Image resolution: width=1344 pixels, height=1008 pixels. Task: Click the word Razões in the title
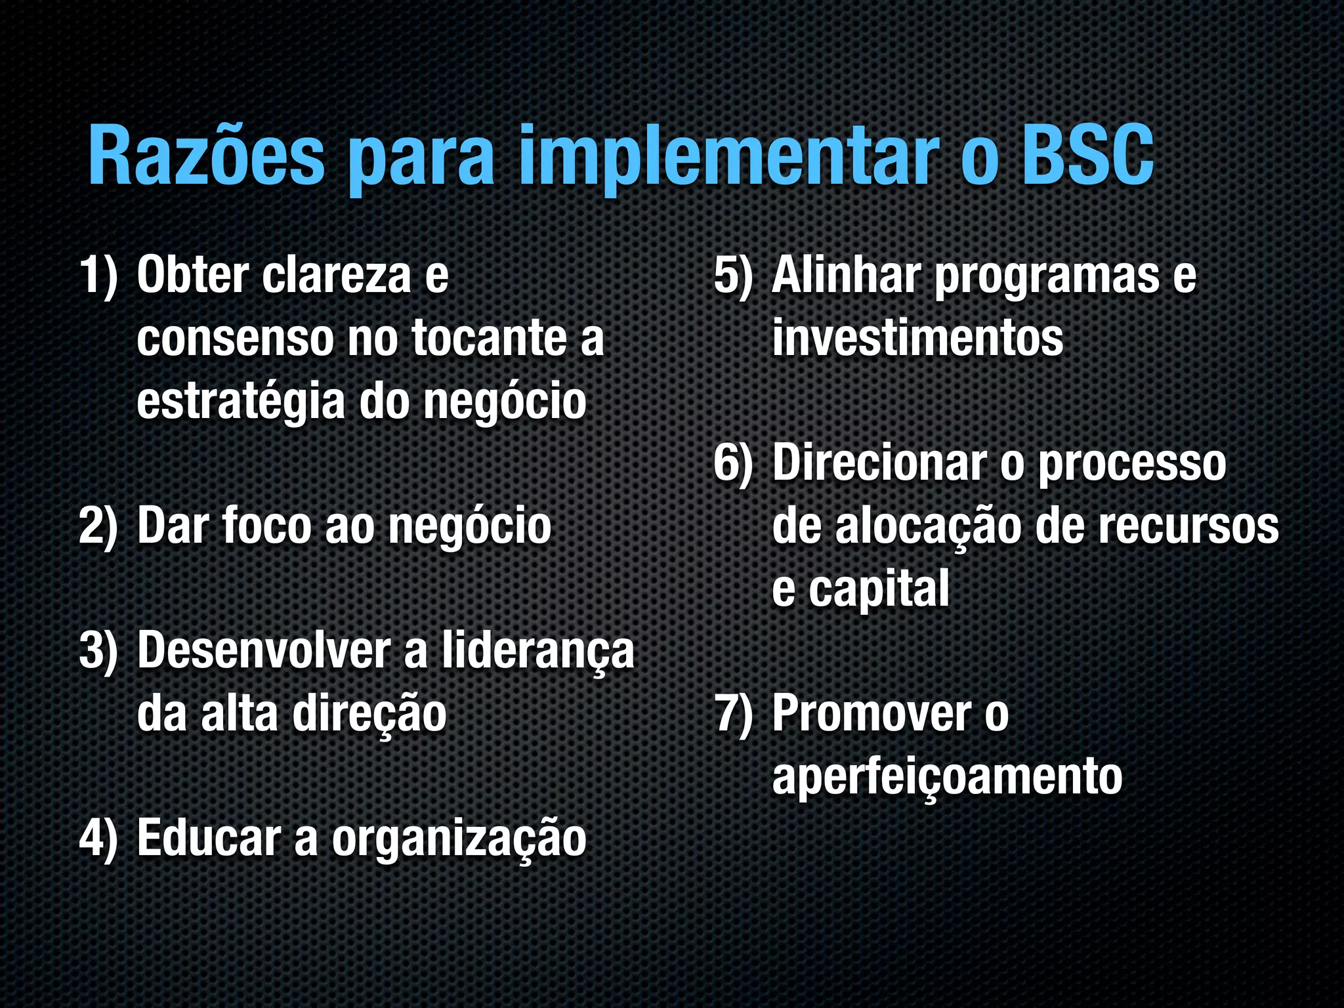[206, 156]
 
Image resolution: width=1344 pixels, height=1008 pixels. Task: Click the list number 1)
[98, 276]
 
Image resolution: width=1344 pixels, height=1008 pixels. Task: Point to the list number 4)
[98, 838]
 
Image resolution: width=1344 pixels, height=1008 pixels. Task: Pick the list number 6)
[734, 463]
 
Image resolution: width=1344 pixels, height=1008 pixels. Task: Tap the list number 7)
[734, 713]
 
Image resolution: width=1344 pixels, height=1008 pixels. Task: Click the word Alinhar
[847, 276]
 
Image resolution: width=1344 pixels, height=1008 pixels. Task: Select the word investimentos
[917, 339]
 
